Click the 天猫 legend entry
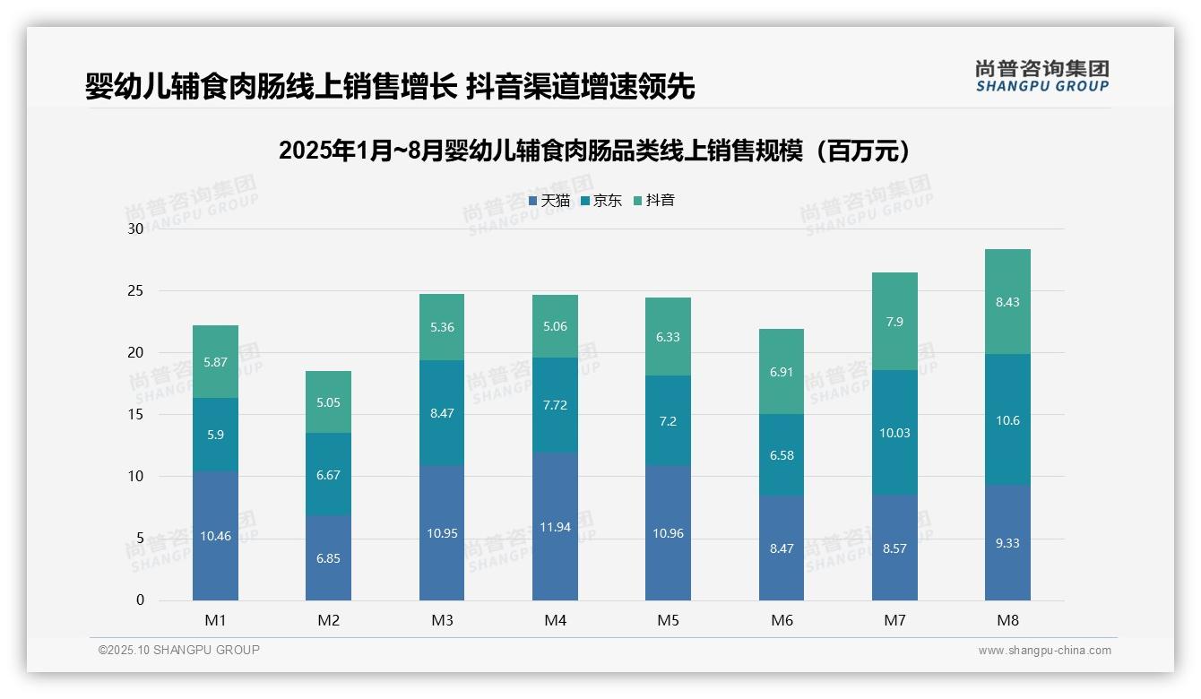(549, 201)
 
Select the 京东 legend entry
(601, 201)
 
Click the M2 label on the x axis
(329, 620)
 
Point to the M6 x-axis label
(782, 620)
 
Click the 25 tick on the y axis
(135, 290)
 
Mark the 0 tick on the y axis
(140, 600)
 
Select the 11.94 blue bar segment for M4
(555, 527)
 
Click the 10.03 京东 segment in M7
(894, 433)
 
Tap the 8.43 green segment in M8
(1007, 302)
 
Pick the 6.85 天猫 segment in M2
(328, 558)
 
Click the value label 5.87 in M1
(215, 362)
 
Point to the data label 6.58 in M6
(782, 455)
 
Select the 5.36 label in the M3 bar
(442, 327)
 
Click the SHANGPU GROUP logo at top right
(1041, 75)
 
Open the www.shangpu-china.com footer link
(1044, 651)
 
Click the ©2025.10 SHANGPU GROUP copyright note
(179, 651)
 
